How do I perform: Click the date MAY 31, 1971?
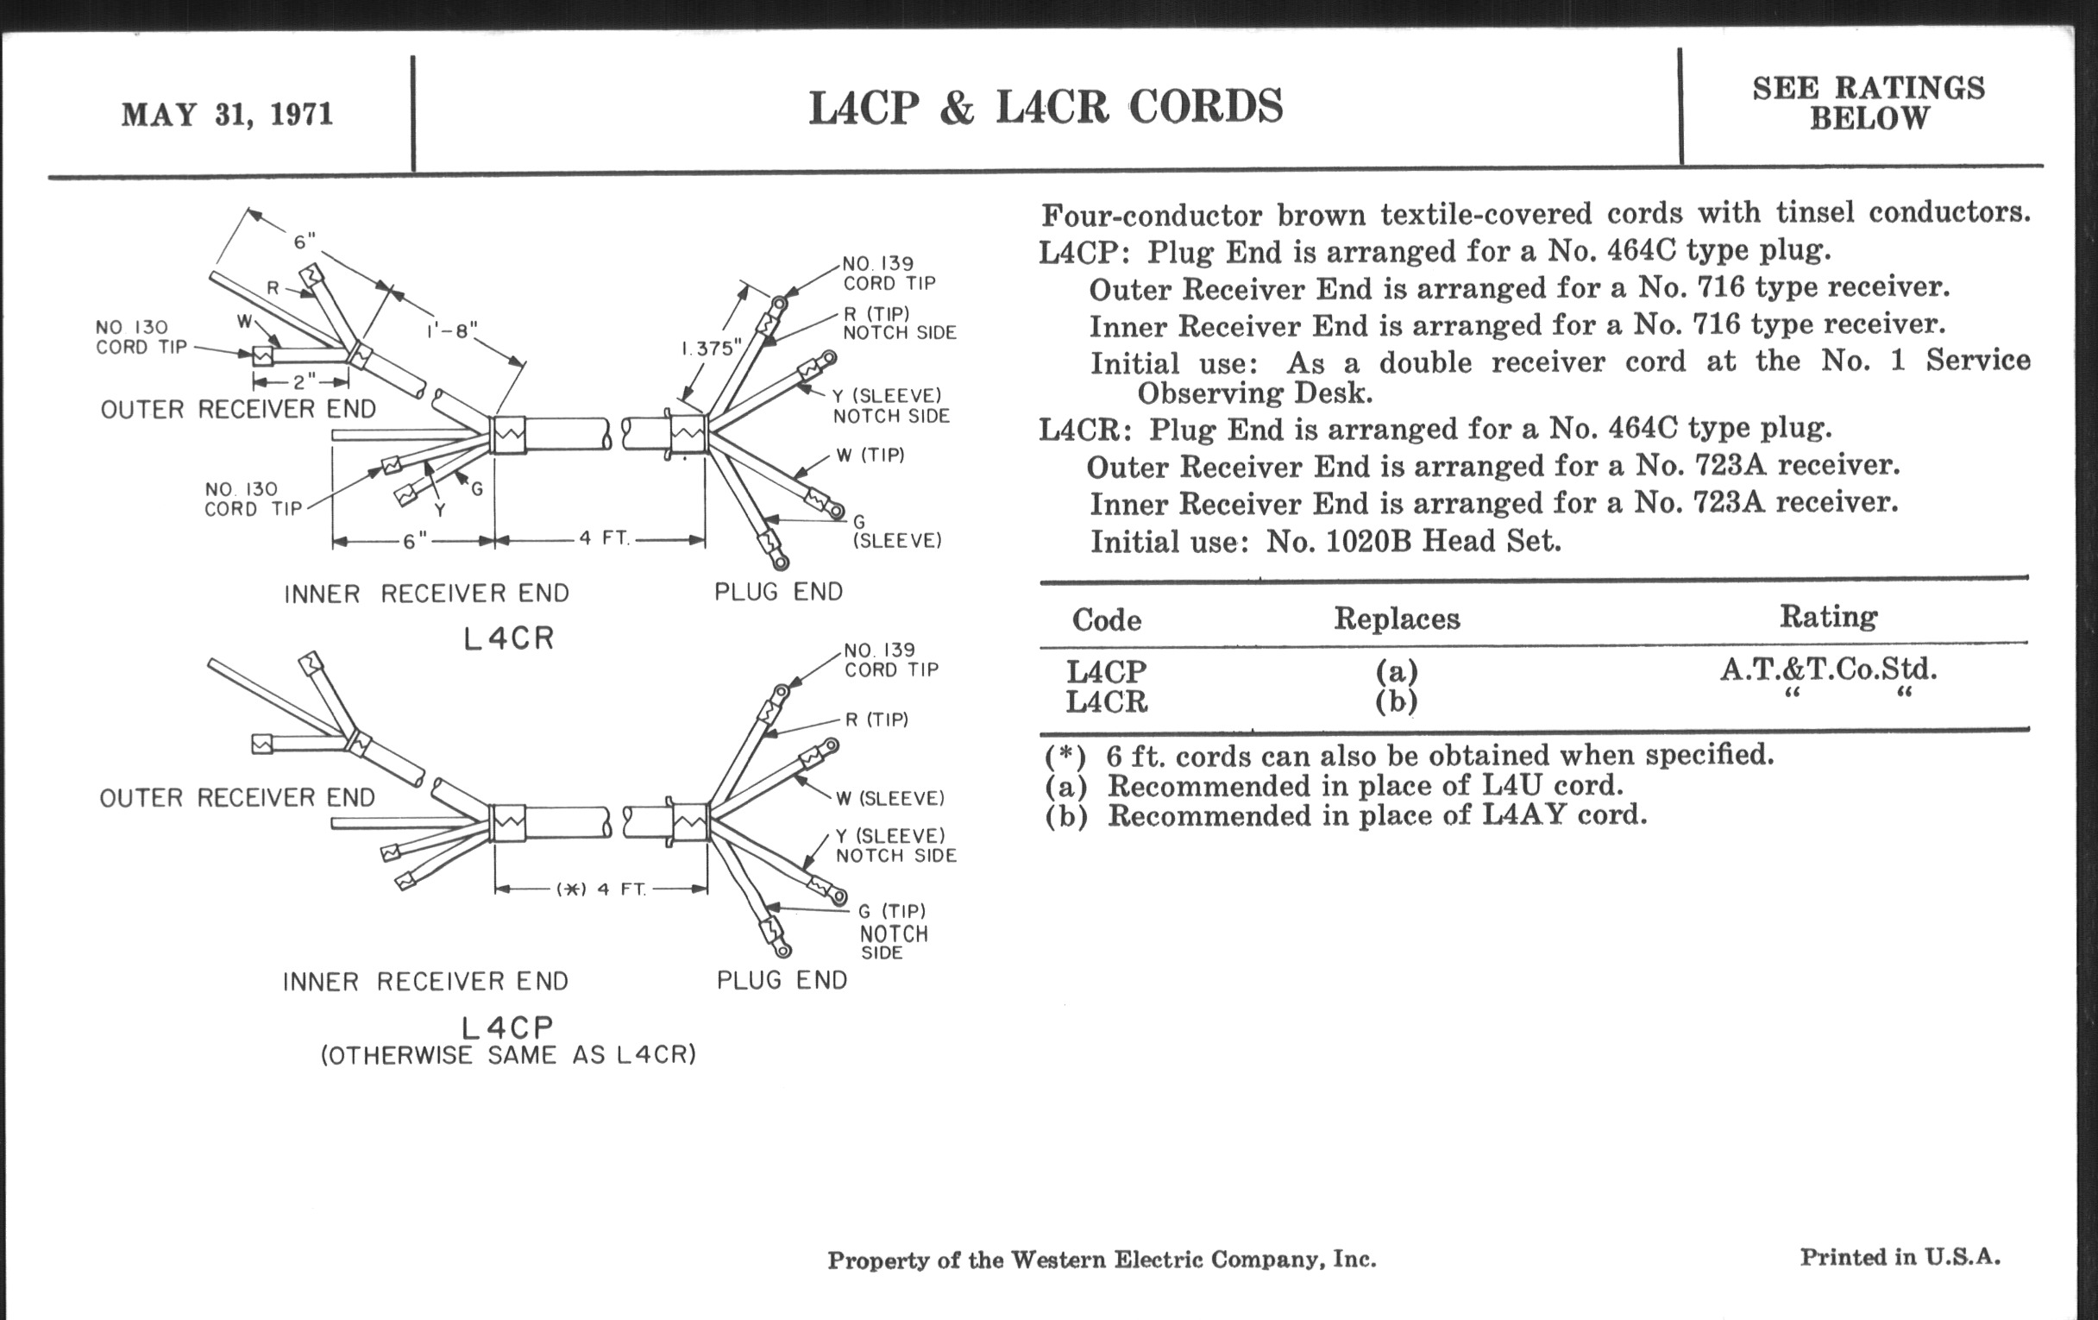227,115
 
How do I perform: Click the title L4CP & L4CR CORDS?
1046,108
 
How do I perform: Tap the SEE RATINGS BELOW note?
1868,103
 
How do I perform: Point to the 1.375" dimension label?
711,349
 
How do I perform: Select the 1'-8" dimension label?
452,331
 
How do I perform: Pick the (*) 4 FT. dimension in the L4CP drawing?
601,889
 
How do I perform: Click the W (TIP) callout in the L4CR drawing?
870,455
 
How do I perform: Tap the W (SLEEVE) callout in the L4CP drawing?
889,798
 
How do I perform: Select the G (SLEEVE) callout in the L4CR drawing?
896,531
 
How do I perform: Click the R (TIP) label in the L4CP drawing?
876,720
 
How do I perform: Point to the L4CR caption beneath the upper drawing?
509,638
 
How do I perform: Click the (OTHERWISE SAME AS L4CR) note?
509,1056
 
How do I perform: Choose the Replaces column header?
1397,619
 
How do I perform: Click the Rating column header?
1828,617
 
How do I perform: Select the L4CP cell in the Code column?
1107,672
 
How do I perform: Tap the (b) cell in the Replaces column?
1396,701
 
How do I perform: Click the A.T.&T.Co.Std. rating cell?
1828,669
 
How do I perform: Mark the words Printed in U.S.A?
1900,1257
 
